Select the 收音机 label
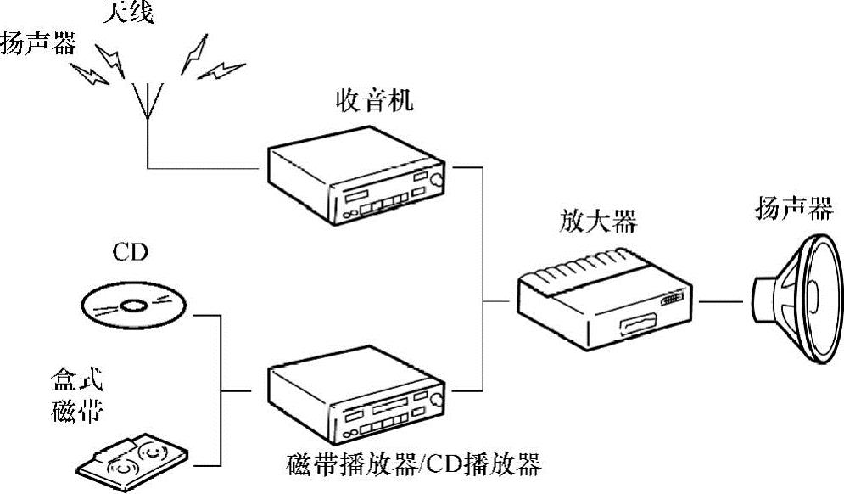[x=373, y=104]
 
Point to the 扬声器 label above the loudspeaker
[x=793, y=210]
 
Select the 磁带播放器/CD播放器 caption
[x=414, y=464]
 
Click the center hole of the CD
[x=134, y=305]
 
